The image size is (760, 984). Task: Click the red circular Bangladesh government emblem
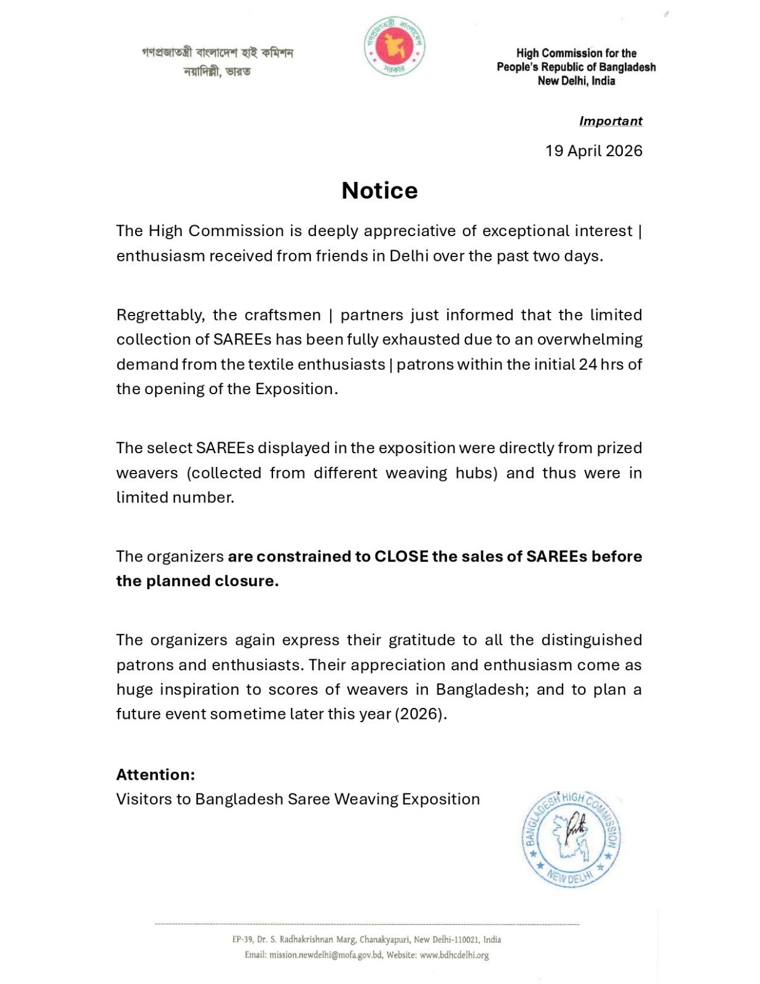pyautogui.click(x=394, y=47)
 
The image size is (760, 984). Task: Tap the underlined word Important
pyautogui.click(x=610, y=121)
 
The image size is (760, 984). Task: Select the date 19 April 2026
pyautogui.click(x=593, y=151)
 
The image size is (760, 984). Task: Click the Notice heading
pyautogui.click(x=379, y=191)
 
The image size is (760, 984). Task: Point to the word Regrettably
pyautogui.click(x=160, y=315)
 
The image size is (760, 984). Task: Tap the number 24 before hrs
pyautogui.click(x=588, y=364)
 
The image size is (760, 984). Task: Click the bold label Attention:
pyautogui.click(x=156, y=774)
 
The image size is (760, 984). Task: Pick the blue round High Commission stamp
pyautogui.click(x=571, y=839)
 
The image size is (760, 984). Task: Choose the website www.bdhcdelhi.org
pyautogui.click(x=454, y=955)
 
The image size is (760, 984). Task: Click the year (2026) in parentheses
pyautogui.click(x=421, y=714)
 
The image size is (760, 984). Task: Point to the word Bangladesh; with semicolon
pyautogui.click(x=482, y=689)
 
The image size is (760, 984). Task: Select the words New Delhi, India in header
pyautogui.click(x=576, y=81)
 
